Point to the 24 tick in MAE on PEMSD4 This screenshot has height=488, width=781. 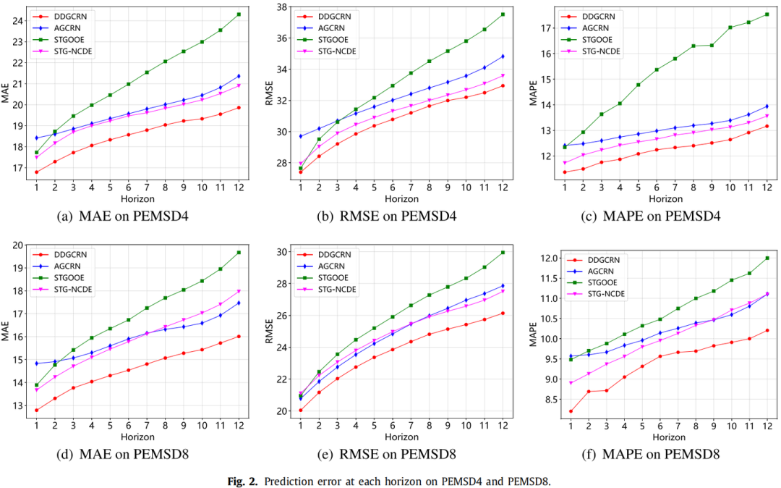pyautogui.click(x=19, y=20)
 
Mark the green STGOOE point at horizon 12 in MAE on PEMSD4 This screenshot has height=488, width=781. pyautogui.click(x=239, y=14)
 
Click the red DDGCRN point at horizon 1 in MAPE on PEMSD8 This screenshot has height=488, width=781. pyautogui.click(x=571, y=411)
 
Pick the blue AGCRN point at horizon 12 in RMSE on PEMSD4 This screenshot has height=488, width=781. pyautogui.click(x=503, y=56)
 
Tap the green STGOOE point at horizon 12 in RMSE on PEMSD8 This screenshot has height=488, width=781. pyautogui.click(x=503, y=252)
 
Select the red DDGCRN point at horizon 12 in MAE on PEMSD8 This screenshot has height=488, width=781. pyautogui.click(x=239, y=336)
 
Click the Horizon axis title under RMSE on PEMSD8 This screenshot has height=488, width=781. pyautogui.click(x=401, y=437)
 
